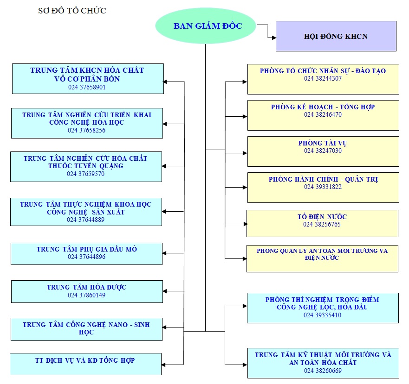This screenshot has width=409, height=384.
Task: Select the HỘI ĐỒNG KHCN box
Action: pos(336,36)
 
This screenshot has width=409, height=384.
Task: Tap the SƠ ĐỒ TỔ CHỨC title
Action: pos(72,10)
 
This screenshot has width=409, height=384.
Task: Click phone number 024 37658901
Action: pos(87,87)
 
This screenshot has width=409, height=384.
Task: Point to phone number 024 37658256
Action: pos(86,131)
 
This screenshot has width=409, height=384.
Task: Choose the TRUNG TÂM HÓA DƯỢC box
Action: pos(87,291)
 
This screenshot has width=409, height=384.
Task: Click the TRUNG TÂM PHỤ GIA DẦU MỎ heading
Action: pos(87,249)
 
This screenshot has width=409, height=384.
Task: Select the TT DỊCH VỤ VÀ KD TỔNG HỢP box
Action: pos(86,364)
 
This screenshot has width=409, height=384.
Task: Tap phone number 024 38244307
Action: pos(323,79)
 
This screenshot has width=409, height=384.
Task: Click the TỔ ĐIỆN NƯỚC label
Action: pos(322,217)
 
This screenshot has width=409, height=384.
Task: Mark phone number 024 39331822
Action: pos(323,187)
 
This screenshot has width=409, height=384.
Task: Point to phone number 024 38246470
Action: pos(323,115)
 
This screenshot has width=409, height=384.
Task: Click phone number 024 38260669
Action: pos(323,371)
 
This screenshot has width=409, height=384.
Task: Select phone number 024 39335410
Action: pos(323,315)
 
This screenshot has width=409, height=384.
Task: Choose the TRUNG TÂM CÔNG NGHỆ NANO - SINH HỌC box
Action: pos(86,329)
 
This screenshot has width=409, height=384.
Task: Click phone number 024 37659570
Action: pos(85,174)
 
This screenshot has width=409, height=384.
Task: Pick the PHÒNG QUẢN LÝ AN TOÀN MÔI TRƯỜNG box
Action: pos(322,258)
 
